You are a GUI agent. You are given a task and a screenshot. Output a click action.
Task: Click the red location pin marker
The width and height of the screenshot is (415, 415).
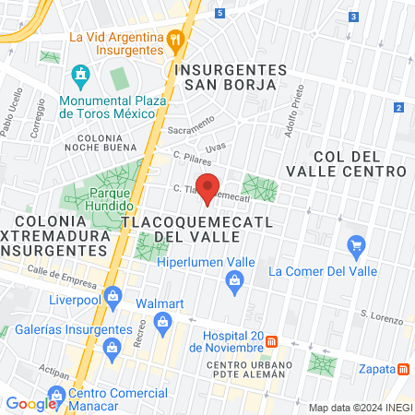(x=208, y=188)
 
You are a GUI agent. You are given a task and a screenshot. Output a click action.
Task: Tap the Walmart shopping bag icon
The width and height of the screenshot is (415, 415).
(x=163, y=322)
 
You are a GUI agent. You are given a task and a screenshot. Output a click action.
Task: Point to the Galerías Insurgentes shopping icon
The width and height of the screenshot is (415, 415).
(x=113, y=348)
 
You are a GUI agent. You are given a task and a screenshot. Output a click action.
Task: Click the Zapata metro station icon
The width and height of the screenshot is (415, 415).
(x=404, y=369)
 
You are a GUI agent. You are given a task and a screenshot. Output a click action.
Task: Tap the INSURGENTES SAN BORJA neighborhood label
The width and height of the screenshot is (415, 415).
(x=231, y=77)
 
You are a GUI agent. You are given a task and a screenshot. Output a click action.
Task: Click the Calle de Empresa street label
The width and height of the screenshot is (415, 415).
(x=64, y=274)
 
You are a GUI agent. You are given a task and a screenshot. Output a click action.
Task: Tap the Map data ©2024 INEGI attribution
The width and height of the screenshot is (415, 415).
(x=358, y=407)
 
